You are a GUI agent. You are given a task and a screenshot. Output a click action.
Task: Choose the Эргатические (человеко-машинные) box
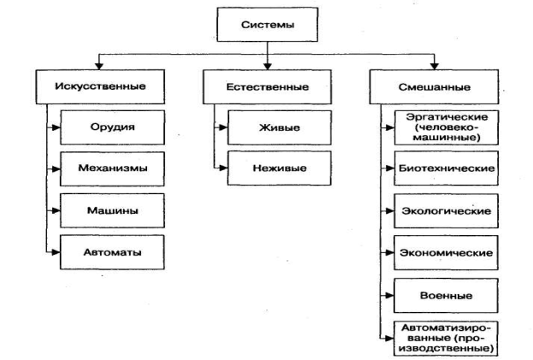(x=445, y=126)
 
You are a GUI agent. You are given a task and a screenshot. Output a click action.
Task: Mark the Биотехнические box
(x=445, y=168)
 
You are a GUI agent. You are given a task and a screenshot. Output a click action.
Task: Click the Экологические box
(x=445, y=210)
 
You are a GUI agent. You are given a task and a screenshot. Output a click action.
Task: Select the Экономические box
(x=445, y=252)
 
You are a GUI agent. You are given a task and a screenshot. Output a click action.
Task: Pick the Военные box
(x=445, y=295)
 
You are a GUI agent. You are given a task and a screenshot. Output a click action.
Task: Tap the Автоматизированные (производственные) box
(x=445, y=337)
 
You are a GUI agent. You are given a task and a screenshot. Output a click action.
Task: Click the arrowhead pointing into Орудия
(x=56, y=127)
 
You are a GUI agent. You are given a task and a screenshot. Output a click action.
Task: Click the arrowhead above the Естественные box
(x=269, y=66)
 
